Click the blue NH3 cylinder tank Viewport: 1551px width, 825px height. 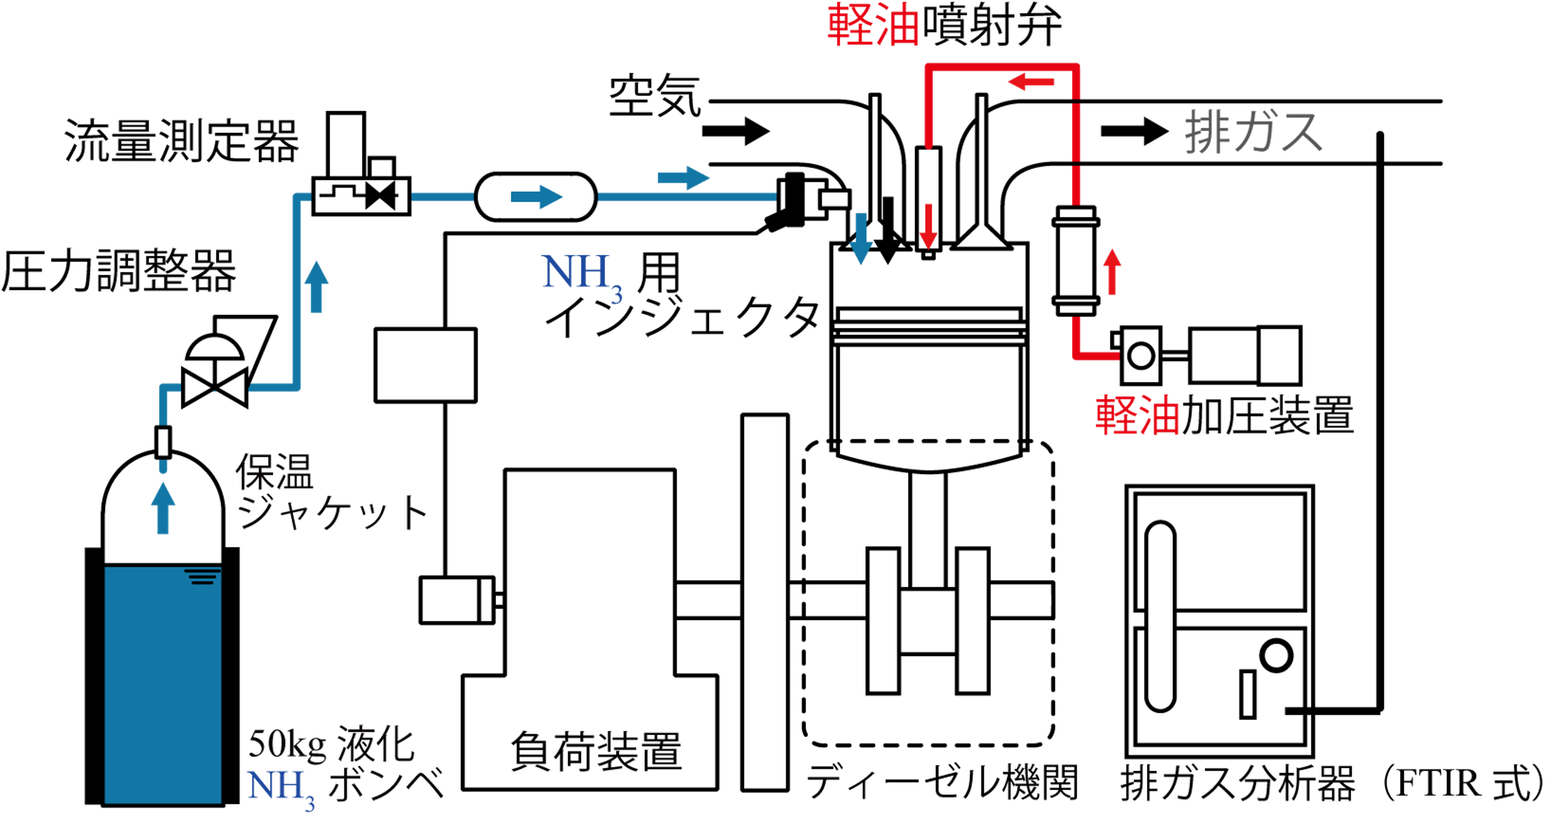coord(163,685)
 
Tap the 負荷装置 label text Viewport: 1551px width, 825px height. coord(596,751)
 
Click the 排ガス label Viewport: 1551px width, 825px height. coord(1252,132)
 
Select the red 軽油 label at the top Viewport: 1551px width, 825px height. coord(873,26)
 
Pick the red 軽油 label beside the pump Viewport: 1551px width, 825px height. coord(1137,416)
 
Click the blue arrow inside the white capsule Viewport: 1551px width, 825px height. coord(536,197)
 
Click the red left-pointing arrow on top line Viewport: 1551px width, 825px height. coord(1031,81)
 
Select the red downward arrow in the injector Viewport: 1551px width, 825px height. coord(928,226)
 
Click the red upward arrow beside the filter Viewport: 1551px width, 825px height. coord(1112,272)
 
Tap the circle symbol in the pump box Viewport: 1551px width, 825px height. coord(1140,355)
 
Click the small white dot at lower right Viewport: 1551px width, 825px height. coord(1276,656)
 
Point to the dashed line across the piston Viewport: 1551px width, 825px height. coord(929,441)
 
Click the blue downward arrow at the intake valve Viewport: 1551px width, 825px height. coord(861,239)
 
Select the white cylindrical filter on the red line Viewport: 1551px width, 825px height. coord(1076,261)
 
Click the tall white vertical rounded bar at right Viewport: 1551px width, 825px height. coord(1160,616)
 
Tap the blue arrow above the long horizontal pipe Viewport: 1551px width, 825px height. coord(683,177)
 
